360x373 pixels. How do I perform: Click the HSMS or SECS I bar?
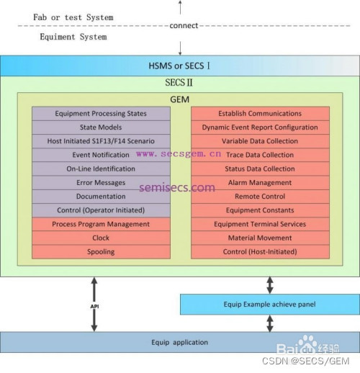[x=179, y=66]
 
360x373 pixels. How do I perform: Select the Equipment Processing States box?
[x=101, y=114]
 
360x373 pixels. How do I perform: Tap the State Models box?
[x=101, y=127]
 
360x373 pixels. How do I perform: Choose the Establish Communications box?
[x=260, y=114]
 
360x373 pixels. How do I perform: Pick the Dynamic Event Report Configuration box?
[x=260, y=127]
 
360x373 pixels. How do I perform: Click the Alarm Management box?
[x=260, y=183]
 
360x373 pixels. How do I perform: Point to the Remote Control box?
[x=260, y=197]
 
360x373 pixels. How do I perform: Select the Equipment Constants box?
[x=260, y=210]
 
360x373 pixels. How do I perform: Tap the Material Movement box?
[x=260, y=238]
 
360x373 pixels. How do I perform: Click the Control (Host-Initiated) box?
[x=260, y=252]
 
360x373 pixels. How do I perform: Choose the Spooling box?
[x=101, y=252]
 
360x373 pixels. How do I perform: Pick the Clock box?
[x=101, y=238]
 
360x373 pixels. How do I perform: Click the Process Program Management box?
[x=101, y=225]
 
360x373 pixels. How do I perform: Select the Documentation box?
[x=101, y=197]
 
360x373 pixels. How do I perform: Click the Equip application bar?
[x=179, y=342]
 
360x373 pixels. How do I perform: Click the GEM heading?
[x=180, y=99]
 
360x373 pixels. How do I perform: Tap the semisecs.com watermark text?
[x=179, y=188]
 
